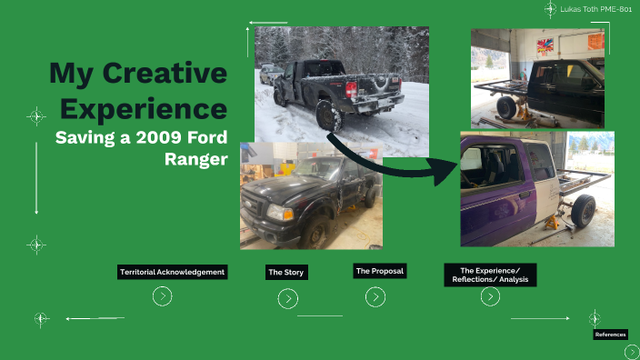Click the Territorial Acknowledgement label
click(172, 272)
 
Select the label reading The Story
click(286, 272)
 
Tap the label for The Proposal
click(380, 271)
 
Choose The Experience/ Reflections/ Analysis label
click(490, 275)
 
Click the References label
click(610, 335)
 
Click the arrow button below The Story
click(287, 298)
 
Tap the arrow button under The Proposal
click(375, 296)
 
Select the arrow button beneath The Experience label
click(490, 296)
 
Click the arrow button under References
click(632, 352)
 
